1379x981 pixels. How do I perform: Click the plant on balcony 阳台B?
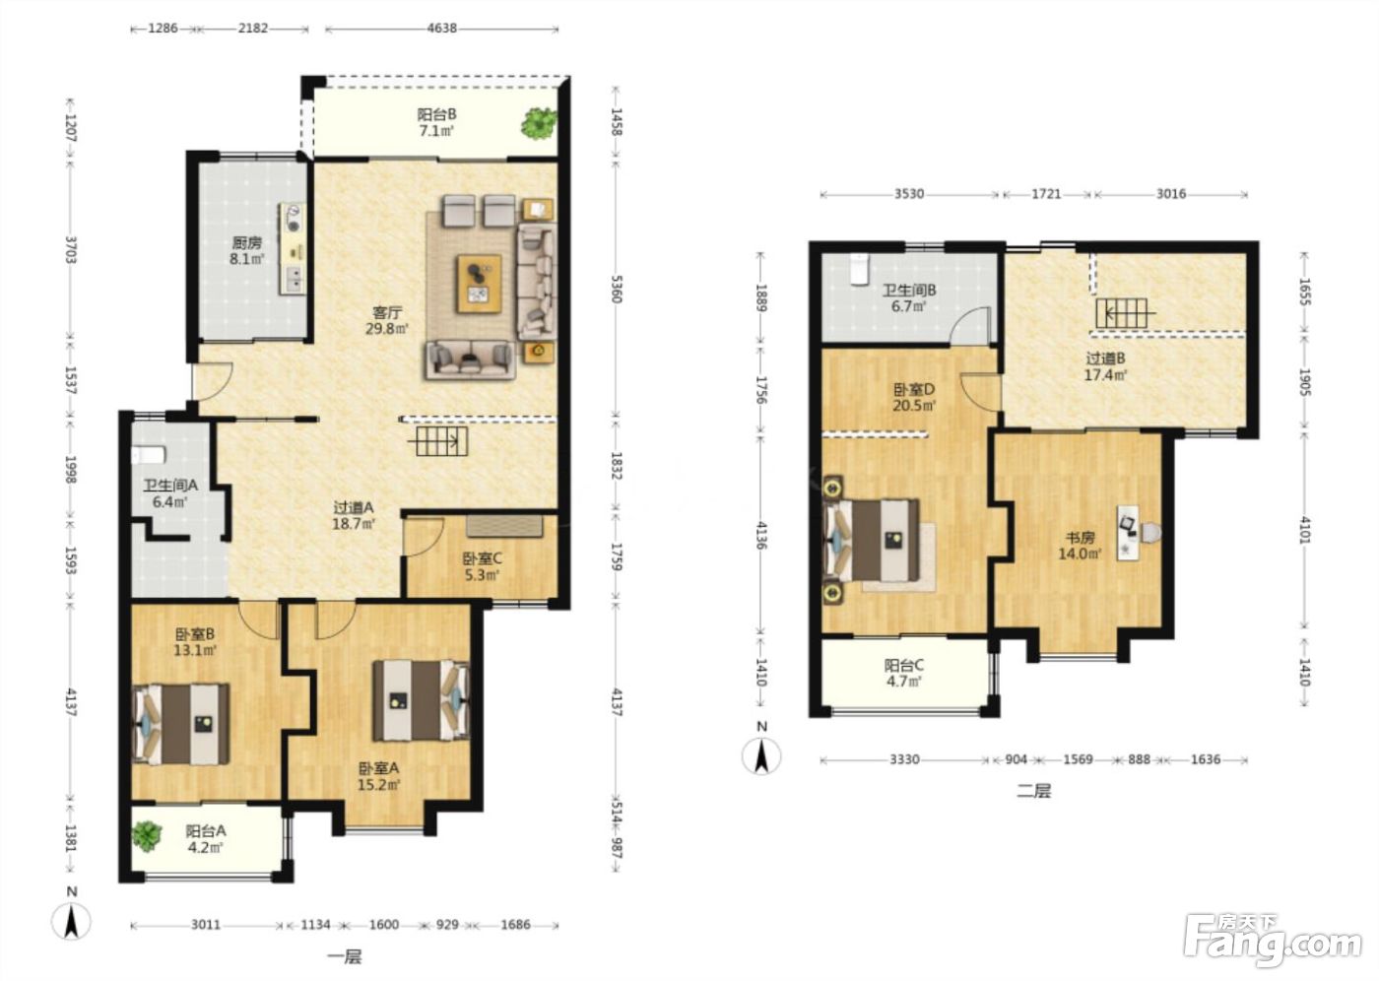540,123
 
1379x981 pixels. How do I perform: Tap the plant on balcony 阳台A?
147,836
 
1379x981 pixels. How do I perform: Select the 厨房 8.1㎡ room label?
247,251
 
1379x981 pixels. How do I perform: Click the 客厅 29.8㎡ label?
386,320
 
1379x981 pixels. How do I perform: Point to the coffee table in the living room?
479,283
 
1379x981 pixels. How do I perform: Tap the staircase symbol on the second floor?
1122,313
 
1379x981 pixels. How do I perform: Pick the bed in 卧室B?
181,724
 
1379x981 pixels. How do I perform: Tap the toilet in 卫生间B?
858,270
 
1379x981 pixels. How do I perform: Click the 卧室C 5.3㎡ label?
482,566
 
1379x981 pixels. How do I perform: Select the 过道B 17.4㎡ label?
1105,366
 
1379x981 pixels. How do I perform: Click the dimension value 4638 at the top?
441,29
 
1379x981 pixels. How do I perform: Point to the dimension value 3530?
908,194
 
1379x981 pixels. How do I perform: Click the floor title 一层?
344,956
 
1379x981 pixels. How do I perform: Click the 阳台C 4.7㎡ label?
904,674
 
